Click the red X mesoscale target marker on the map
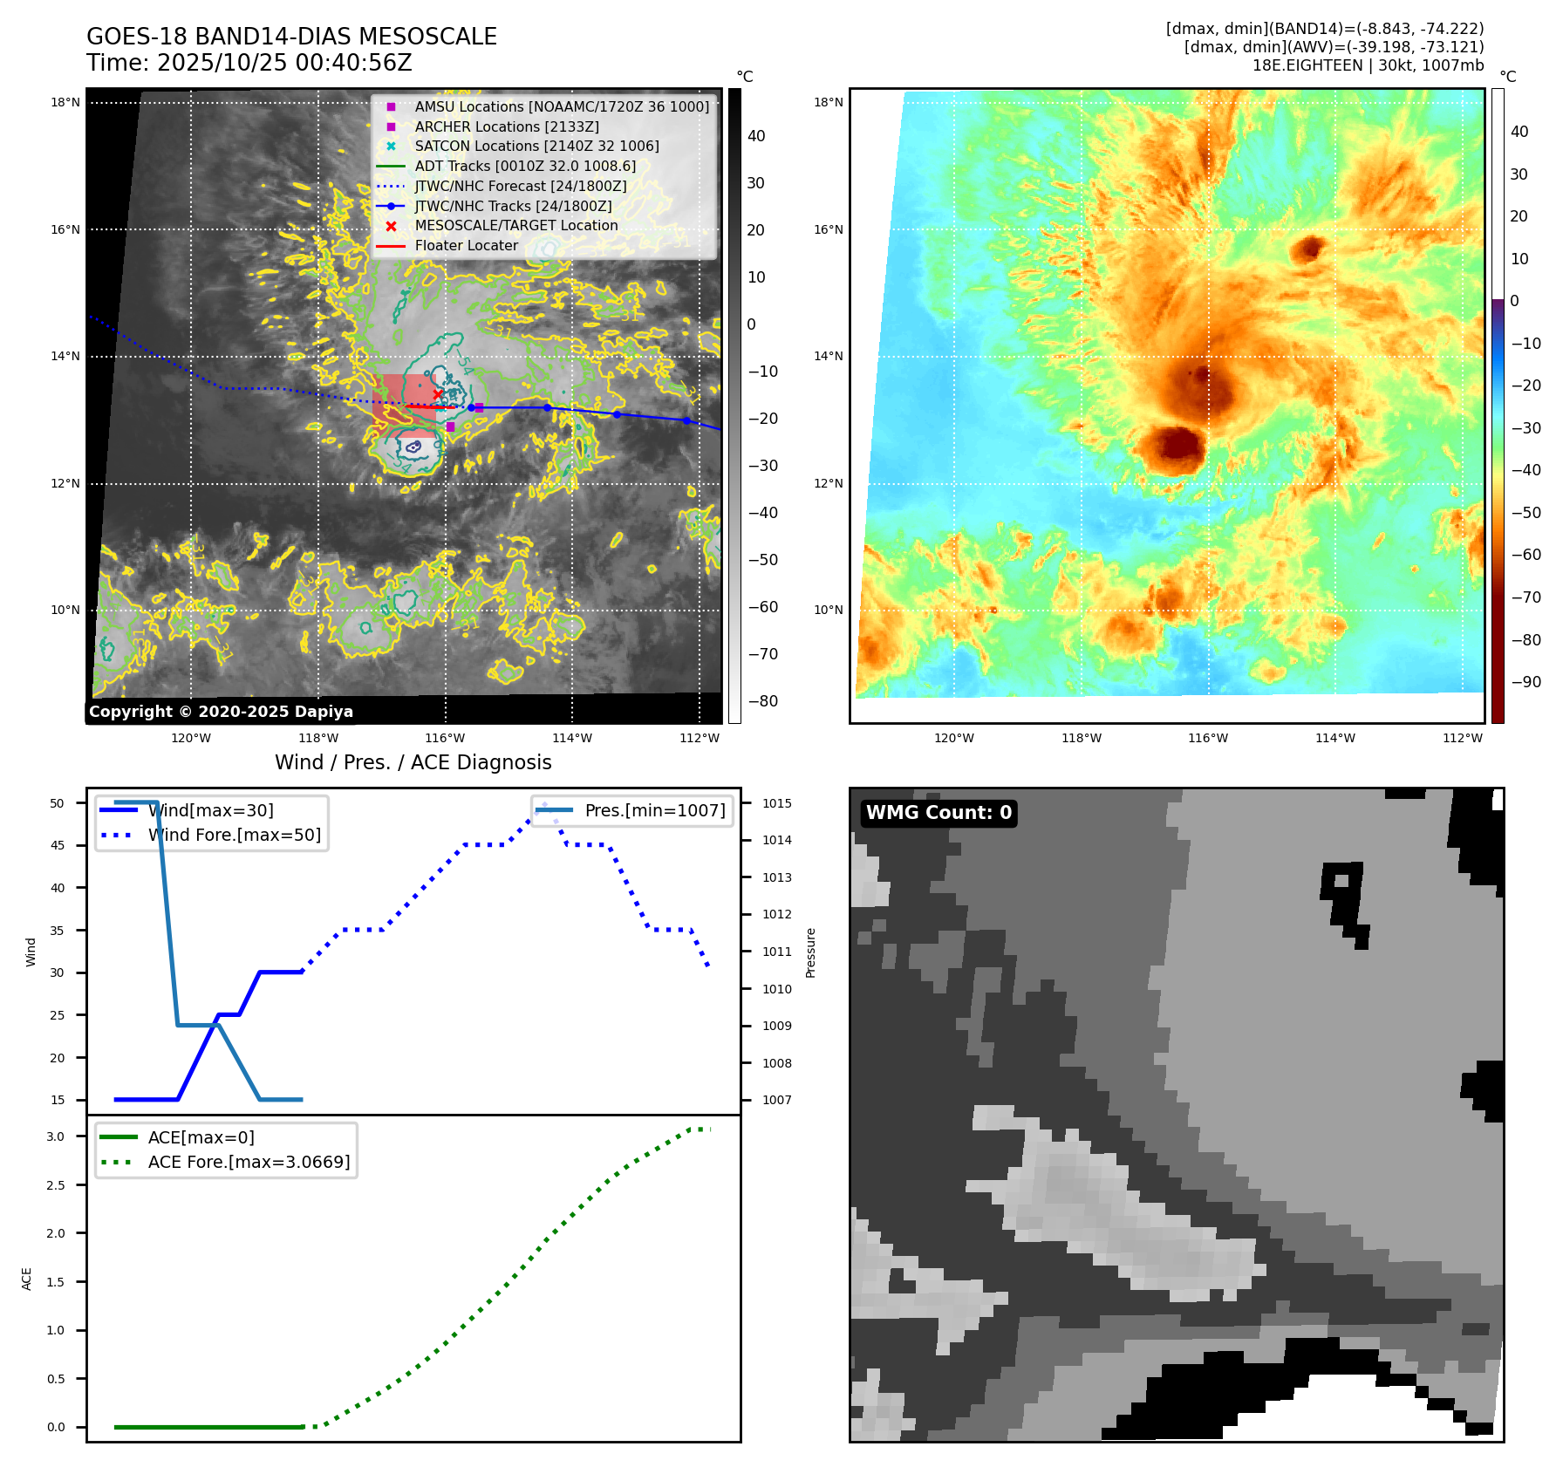pyautogui.click(x=438, y=395)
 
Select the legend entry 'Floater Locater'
pyautogui.click(x=466, y=246)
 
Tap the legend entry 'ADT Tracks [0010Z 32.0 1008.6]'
pyautogui.click(x=525, y=166)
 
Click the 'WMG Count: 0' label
pyautogui.click(x=938, y=813)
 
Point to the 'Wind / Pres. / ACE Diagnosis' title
pyautogui.click(x=413, y=762)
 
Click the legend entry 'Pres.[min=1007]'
pyautogui.click(x=654, y=810)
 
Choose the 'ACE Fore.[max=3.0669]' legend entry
pyautogui.click(x=249, y=1162)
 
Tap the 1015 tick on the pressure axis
pyautogui.click(x=777, y=803)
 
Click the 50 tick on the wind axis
pyautogui.click(x=58, y=803)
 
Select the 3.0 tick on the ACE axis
pyautogui.click(x=56, y=1136)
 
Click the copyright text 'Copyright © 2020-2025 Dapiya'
pyautogui.click(x=221, y=712)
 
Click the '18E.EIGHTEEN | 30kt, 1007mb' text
pyautogui.click(x=1368, y=65)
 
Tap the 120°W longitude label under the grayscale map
pyautogui.click(x=191, y=738)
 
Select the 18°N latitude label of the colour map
pyautogui.click(x=829, y=102)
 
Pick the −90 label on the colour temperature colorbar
pyautogui.click(x=1525, y=682)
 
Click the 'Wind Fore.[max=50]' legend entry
pyautogui.click(x=234, y=835)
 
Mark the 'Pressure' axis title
pyautogui.click(x=810, y=952)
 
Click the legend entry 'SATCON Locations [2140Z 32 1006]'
pyautogui.click(x=536, y=146)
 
